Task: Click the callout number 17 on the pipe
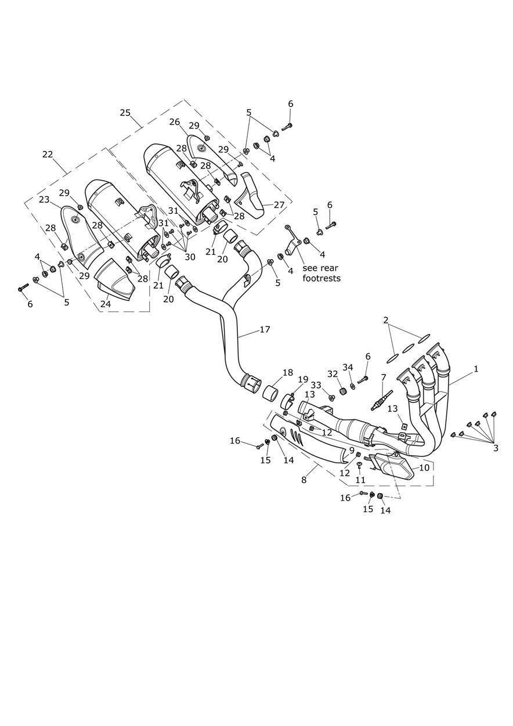[265, 329]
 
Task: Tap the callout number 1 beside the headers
[476, 369]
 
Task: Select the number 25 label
[125, 113]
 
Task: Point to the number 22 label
[48, 154]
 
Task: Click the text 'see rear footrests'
[321, 273]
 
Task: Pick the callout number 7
[384, 378]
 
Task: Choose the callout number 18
[288, 372]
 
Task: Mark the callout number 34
[348, 367]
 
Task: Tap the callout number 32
[333, 374]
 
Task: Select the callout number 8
[304, 480]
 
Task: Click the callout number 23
[44, 199]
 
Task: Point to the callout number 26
[175, 122]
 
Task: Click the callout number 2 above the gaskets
[386, 320]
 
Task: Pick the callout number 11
[360, 480]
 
